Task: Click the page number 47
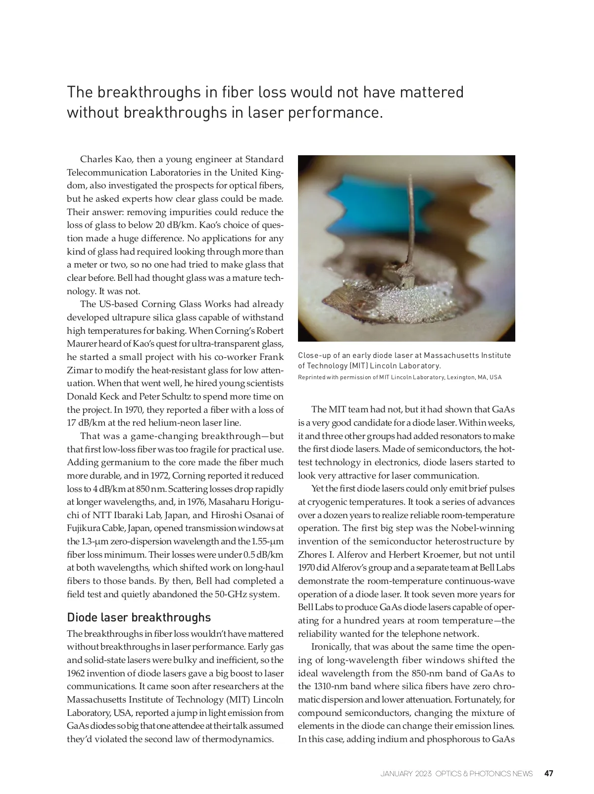pos(548,773)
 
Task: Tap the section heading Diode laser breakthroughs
pos(139,618)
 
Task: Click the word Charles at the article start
pos(96,159)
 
